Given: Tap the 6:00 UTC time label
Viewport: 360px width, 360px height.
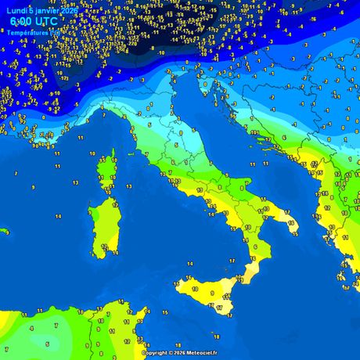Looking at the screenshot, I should [27, 23].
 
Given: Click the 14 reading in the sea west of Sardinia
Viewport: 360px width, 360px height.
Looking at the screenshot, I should [57, 216].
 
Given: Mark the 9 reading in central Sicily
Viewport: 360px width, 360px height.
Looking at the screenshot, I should [212, 292].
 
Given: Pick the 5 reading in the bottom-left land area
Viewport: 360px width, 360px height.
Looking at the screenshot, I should [47, 343].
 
